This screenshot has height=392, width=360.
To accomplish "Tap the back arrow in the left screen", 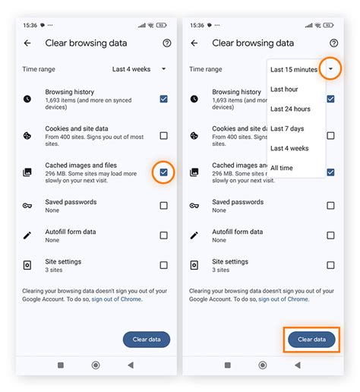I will [x=27, y=43].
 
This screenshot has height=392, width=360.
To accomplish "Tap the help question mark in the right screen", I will [x=333, y=43].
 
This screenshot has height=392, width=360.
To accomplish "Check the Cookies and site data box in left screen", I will [x=163, y=136].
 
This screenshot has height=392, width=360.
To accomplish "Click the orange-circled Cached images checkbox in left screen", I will [x=163, y=172].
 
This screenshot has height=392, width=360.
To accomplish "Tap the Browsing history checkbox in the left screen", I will [x=163, y=99].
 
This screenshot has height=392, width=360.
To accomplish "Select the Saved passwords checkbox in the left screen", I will [x=163, y=205].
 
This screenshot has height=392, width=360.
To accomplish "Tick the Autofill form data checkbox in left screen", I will [x=163, y=236].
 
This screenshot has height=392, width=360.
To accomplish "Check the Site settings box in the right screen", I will [x=330, y=265].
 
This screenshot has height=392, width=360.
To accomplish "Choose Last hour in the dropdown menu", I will [x=284, y=90].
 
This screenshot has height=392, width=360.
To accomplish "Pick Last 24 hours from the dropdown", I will [x=289, y=109].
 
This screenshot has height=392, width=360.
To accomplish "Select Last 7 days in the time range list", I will [x=286, y=128].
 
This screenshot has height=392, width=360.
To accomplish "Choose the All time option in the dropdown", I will [x=281, y=168].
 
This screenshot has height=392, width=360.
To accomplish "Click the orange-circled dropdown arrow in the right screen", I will [x=330, y=69].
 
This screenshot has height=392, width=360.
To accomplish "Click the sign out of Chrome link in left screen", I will [x=116, y=299].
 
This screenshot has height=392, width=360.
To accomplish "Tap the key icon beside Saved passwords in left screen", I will [x=27, y=205].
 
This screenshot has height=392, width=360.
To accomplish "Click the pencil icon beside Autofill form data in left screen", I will [x=27, y=236].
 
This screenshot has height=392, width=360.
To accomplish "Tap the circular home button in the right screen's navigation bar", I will [x=262, y=365].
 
